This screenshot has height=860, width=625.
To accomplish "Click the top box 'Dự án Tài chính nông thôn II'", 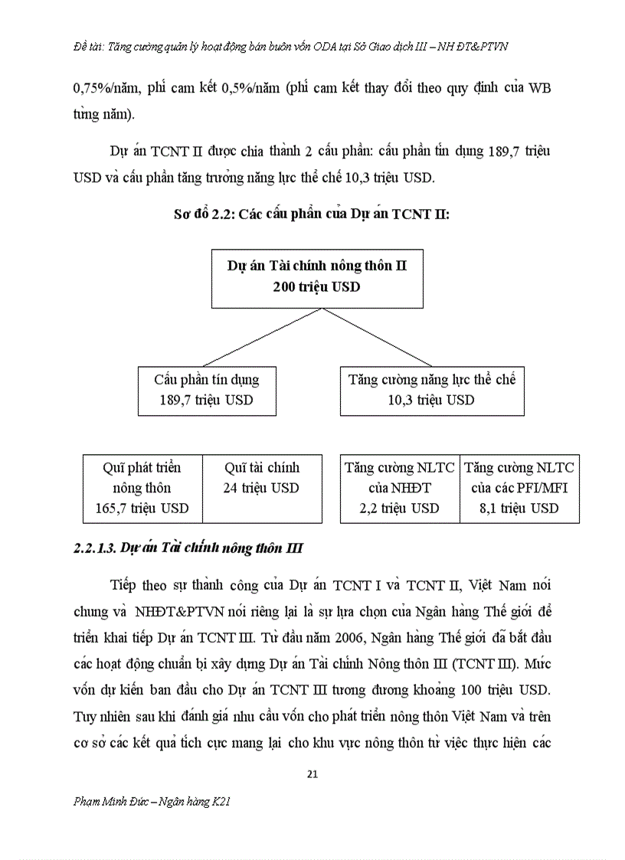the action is click(316, 276).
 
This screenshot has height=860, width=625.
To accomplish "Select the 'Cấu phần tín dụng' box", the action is click(206, 390).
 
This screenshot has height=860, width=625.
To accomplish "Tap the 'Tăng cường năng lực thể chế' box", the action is click(432, 390).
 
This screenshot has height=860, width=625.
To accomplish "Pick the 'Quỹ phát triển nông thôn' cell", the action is click(142, 488).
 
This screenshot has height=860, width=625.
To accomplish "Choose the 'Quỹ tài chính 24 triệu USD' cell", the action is click(262, 488).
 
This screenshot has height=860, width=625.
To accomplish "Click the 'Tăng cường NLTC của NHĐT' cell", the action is click(400, 488).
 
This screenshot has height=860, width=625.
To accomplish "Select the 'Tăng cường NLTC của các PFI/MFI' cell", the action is click(519, 488).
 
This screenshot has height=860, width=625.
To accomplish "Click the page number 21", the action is click(312, 773).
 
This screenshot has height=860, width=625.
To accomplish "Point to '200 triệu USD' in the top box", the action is click(316, 287).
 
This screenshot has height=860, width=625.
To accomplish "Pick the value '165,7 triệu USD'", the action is click(142, 508).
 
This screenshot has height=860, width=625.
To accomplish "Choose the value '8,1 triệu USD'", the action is click(519, 508).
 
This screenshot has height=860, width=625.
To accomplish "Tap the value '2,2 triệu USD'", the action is click(400, 508).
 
